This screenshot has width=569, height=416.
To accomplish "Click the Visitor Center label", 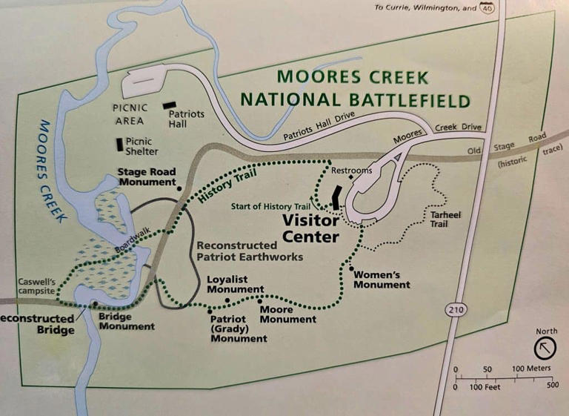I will pos(310,229).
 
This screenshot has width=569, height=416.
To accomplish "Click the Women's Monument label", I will pos(382,280).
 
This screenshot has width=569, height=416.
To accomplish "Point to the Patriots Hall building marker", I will pos(170,105).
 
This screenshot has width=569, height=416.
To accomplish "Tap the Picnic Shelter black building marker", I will pos(119,145).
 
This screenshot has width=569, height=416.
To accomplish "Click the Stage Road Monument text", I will pos(147,177).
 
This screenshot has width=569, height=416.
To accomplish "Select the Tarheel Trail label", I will pos(445,219).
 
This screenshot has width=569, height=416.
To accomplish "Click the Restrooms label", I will pos(351,171).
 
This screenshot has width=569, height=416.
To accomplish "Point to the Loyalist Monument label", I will pos(236,284).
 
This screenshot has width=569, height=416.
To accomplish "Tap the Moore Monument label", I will pos(287,314).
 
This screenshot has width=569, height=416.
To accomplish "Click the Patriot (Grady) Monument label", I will pos(239,328).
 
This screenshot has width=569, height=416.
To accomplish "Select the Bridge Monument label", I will pos(126,321).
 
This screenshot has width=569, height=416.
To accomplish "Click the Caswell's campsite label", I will pos(36,287).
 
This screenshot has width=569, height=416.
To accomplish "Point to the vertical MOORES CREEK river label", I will pos(50,170).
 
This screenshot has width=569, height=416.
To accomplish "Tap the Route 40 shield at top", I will pos(487,8).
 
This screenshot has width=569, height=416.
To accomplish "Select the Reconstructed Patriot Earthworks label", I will pos(250,251).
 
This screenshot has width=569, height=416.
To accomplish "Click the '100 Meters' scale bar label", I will pos(531,369).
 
